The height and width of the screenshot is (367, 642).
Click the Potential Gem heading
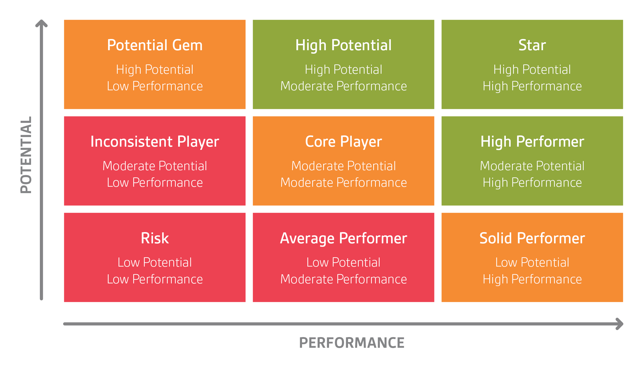click(x=155, y=45)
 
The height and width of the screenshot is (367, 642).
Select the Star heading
click(x=532, y=45)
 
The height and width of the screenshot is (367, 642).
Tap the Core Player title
click(x=343, y=142)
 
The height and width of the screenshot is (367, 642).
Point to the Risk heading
click(x=155, y=238)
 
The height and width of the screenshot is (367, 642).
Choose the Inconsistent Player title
click(x=155, y=142)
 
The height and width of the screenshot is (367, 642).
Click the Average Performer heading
click(x=343, y=239)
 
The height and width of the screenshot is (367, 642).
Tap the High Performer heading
click(x=532, y=142)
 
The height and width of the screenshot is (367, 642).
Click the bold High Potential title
click(x=343, y=45)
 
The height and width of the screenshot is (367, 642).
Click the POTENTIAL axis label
click(x=26, y=155)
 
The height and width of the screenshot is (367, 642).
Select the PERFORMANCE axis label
click(x=351, y=343)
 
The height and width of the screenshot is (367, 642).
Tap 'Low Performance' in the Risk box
click(x=155, y=279)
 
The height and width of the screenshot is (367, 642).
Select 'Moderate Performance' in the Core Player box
click(x=343, y=183)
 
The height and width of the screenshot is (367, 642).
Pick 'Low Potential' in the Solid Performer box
click(x=532, y=262)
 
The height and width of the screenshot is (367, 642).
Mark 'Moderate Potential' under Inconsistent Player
click(x=155, y=166)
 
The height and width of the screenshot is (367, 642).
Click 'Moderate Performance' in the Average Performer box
click(x=343, y=279)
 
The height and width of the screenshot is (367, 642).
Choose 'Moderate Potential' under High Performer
click(x=532, y=166)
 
